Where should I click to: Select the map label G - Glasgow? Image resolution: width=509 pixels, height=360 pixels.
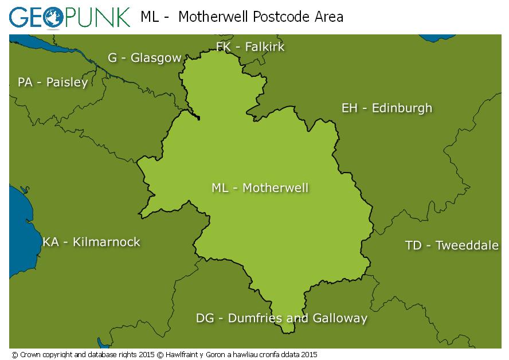(x=144, y=58)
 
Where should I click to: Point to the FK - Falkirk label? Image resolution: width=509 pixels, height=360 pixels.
(x=250, y=46)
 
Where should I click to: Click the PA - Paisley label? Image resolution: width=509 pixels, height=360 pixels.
(x=53, y=82)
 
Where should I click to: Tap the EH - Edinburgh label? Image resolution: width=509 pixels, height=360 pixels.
(x=387, y=108)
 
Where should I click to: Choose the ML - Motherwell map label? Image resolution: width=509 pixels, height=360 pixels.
(x=260, y=187)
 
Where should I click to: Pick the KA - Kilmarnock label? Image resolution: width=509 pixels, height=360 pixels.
(x=91, y=242)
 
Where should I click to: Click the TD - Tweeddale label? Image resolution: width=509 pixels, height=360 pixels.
(x=452, y=245)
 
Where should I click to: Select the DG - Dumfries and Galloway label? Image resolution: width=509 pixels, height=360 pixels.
(x=281, y=318)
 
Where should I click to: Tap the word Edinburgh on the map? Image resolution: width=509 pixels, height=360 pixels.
(x=402, y=108)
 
